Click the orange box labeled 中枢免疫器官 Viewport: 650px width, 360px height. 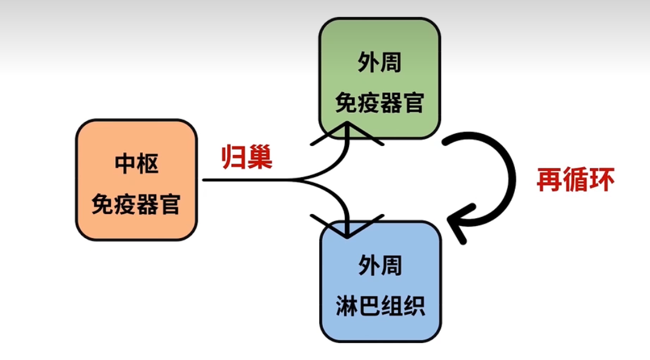tap(136, 180)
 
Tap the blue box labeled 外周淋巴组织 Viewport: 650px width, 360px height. tap(380, 281)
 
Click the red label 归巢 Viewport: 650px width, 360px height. tap(246, 157)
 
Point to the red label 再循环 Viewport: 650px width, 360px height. tap(575, 180)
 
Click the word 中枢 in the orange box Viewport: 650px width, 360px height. tap(136, 164)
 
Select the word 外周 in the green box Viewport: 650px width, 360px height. tap(380, 63)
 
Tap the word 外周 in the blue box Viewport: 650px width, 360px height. tap(380, 266)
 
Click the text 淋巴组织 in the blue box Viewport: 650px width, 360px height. tap(380, 307)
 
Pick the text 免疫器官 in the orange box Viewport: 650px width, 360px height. tap(136, 204)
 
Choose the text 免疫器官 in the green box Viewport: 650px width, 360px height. tap(380, 104)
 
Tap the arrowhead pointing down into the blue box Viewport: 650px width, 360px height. tap(347, 228)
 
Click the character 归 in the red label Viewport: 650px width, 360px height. tap(233, 157)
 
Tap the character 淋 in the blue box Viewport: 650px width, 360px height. tap(345, 307)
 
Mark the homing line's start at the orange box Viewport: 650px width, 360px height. tap(205, 180)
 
